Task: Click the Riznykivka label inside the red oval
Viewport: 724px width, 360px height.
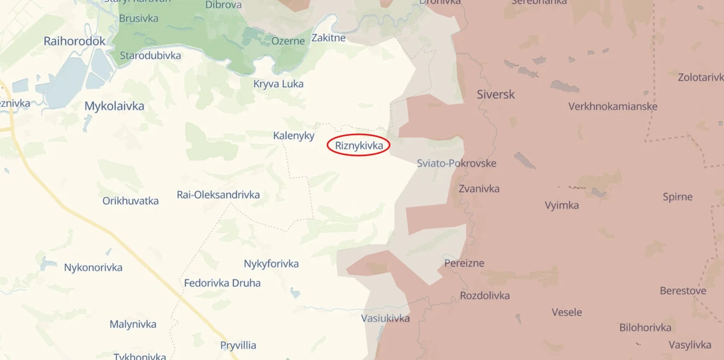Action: point(358,145)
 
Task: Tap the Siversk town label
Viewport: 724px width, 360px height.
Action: point(495,95)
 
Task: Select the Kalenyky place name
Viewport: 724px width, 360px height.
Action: point(294,136)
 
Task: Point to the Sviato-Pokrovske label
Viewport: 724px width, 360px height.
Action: point(457,163)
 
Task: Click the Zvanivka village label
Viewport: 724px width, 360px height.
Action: point(479,189)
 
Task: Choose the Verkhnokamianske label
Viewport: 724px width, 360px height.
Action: point(613,107)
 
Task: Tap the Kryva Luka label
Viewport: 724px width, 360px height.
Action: point(278,84)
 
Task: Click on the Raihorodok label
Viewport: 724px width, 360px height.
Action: point(75,42)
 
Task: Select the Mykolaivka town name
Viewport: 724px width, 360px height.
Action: point(114,107)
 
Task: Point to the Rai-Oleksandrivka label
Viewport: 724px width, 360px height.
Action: point(218,195)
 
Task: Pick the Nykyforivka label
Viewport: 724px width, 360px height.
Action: point(271,264)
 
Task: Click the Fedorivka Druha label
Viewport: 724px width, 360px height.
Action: point(222,283)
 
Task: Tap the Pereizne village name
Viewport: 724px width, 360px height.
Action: point(464,264)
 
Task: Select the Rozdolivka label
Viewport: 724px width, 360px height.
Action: point(484,295)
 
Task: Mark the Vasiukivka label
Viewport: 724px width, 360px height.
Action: point(386,318)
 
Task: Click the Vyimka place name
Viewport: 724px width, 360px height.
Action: point(562,205)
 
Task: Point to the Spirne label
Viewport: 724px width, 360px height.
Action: point(678,197)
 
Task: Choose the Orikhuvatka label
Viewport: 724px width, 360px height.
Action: point(130,201)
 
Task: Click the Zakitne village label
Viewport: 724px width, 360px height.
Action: point(328,38)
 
